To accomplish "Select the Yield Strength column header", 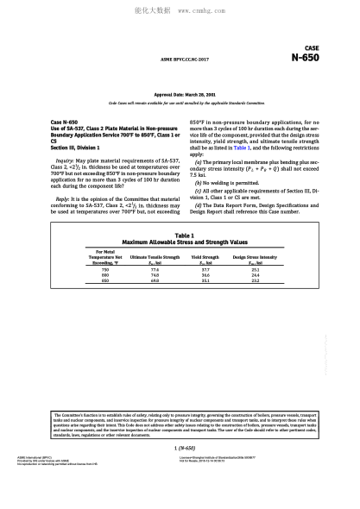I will tap(205, 256).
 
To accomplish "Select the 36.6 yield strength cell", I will tap(205, 274).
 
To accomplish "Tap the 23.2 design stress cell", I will tap(255, 280).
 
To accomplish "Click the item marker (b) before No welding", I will tap(199, 183).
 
